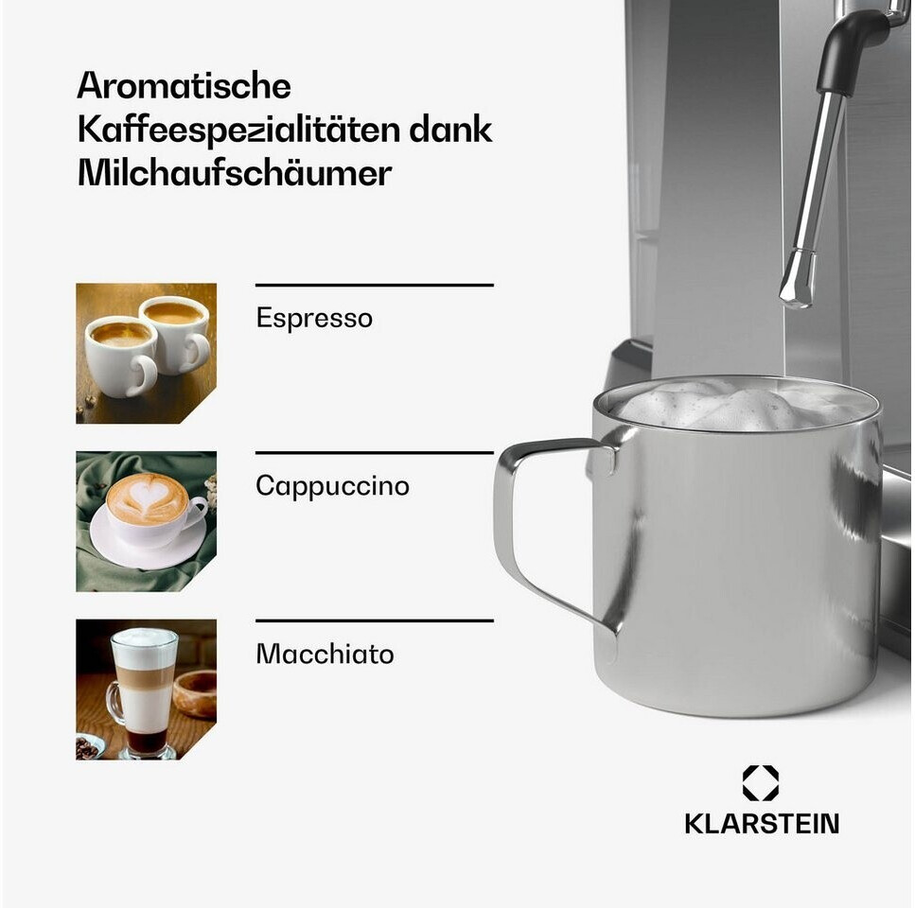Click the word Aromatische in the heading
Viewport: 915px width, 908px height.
(x=184, y=86)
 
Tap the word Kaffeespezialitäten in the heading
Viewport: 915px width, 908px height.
(x=238, y=130)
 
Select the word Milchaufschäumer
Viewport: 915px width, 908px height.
(x=235, y=173)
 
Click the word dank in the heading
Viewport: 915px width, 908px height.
(x=449, y=130)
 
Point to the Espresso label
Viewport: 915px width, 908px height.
(x=314, y=319)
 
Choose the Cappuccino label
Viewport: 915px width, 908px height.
(x=333, y=486)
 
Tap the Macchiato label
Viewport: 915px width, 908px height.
(x=326, y=654)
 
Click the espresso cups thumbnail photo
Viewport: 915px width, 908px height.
(x=146, y=354)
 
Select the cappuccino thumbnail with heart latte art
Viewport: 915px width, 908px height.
(x=146, y=521)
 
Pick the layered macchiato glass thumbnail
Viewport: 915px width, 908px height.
(x=146, y=690)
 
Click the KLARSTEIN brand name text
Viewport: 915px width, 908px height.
(x=762, y=824)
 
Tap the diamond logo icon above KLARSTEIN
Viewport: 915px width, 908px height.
(x=761, y=783)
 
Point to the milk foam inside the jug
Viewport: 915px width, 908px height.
(x=736, y=405)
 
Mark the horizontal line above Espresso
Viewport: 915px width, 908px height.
(x=375, y=286)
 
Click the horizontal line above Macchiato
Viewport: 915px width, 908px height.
(x=375, y=620)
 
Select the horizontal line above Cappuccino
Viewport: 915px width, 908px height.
(x=375, y=452)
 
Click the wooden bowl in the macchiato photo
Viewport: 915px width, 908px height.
(x=196, y=694)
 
